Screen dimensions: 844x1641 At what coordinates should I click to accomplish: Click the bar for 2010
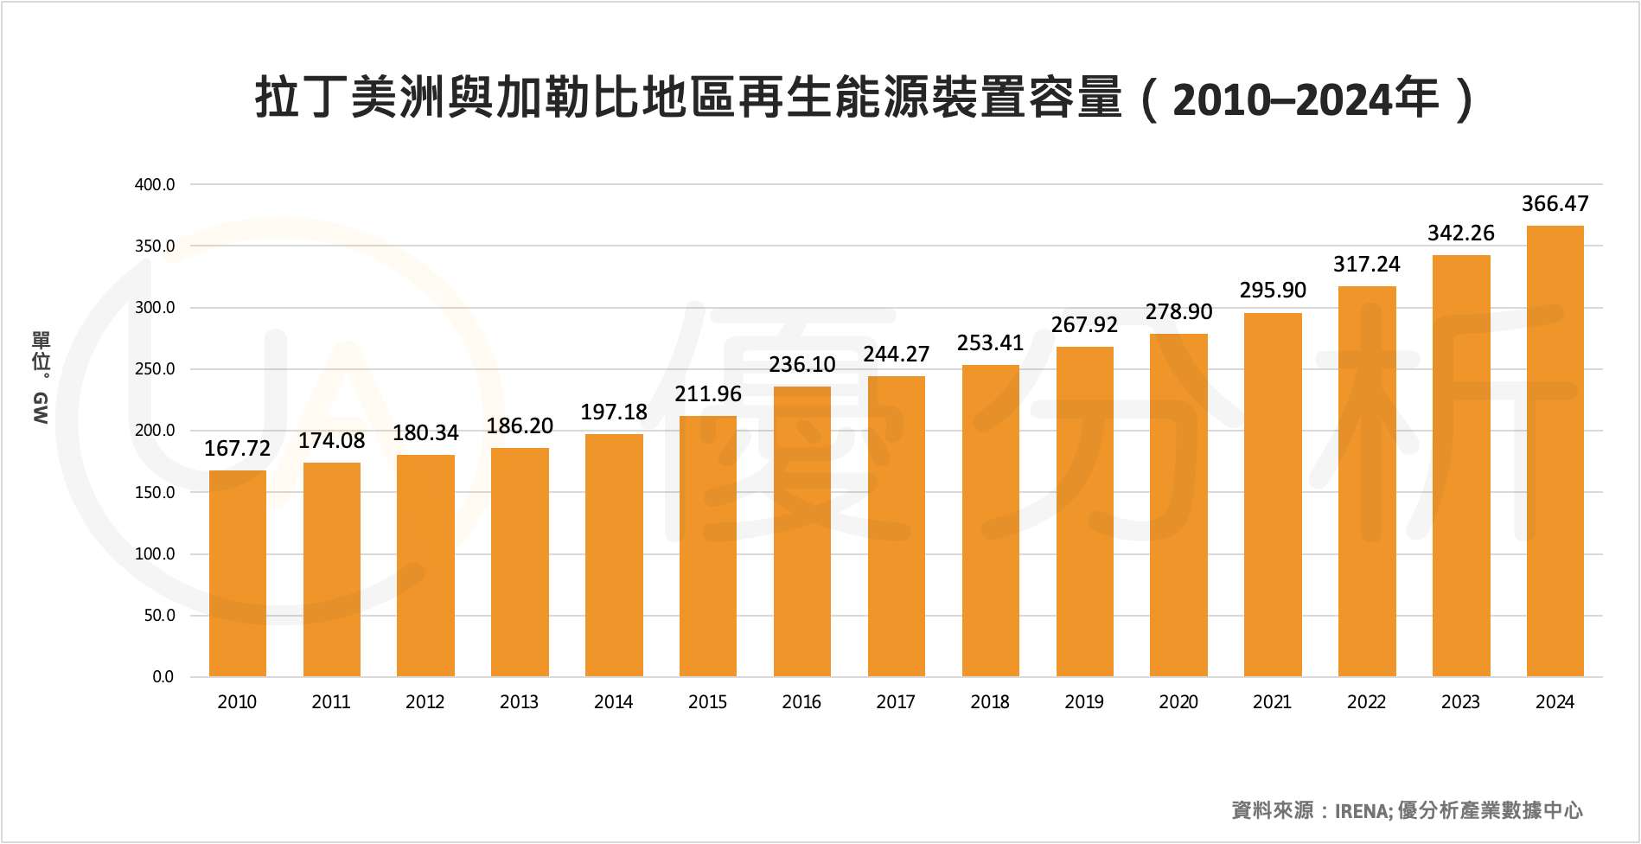tap(238, 573)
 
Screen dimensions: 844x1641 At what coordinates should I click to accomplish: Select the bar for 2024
tap(1555, 451)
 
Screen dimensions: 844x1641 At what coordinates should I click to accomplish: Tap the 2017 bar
tap(896, 526)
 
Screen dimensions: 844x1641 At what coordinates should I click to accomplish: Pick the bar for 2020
tap(1178, 505)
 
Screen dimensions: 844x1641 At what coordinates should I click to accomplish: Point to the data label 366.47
tap(1555, 204)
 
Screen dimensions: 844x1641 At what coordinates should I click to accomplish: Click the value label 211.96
tap(708, 394)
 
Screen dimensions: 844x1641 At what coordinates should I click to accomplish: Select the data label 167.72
tap(238, 449)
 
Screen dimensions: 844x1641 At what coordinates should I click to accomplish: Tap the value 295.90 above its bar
tap(1273, 291)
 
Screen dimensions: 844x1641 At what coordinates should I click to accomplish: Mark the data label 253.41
tap(990, 343)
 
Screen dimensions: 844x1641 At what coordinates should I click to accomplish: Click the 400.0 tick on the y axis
tap(155, 185)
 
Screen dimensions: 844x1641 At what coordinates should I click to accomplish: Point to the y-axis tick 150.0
tap(155, 493)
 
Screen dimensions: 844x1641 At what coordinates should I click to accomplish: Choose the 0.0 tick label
tap(163, 677)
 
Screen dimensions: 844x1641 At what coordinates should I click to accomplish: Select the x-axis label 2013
tap(519, 702)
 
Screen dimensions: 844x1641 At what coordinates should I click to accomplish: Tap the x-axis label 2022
tap(1366, 702)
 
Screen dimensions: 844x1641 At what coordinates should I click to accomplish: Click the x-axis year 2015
tap(707, 702)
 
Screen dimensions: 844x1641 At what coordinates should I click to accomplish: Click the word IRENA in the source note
tap(1362, 810)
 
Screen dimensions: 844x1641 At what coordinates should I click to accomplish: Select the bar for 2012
tap(425, 566)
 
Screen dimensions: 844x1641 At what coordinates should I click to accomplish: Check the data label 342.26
tap(1460, 233)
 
